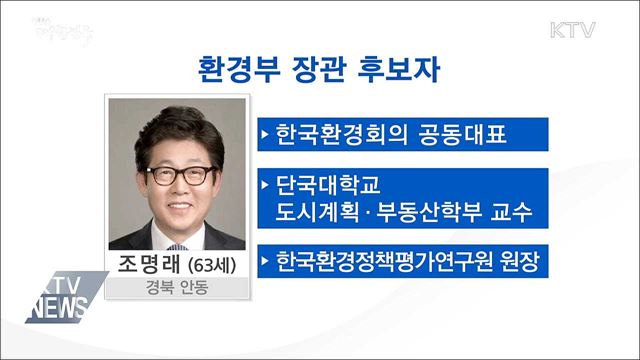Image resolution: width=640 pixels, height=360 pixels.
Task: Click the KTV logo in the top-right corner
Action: pos(572,30)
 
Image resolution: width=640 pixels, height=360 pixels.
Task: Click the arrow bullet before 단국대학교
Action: pos(265,186)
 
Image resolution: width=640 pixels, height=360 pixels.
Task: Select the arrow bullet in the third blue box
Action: pos(265,264)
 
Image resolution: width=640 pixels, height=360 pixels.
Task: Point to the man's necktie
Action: pos(178,242)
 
